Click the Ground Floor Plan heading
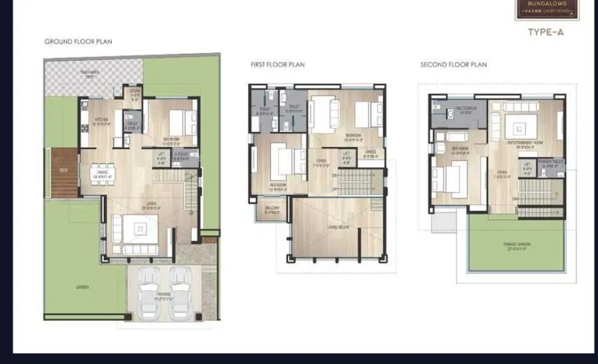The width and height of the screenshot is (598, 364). point(78,42)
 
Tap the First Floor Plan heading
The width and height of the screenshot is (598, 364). point(278,65)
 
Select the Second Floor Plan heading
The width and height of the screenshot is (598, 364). point(453,65)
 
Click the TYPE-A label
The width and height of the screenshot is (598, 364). point(545,31)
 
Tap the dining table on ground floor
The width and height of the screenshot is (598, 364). point(102,174)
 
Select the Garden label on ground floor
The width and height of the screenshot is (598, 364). point(82,287)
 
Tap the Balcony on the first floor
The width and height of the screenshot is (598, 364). point(272,208)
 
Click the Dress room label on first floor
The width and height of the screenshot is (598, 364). point(371,152)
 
